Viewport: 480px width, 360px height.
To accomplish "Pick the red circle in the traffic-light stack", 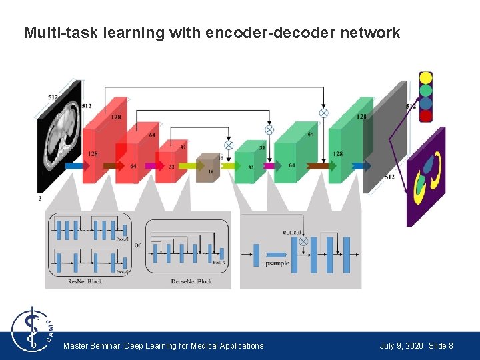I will coord(425,115).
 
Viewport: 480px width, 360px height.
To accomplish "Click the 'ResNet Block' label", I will coord(85,281).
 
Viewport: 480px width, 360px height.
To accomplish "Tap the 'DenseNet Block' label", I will coord(191,281).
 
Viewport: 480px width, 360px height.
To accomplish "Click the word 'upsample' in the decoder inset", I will coord(275,263).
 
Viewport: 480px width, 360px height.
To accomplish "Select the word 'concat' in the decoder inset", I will coord(292,232).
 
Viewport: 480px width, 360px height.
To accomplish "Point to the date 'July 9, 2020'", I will coord(401,346).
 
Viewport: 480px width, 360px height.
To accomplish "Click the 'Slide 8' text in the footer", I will coord(441,346).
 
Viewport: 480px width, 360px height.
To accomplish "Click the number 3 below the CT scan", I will coord(39,198).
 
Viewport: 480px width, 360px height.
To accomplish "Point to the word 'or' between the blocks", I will coord(137,245).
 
